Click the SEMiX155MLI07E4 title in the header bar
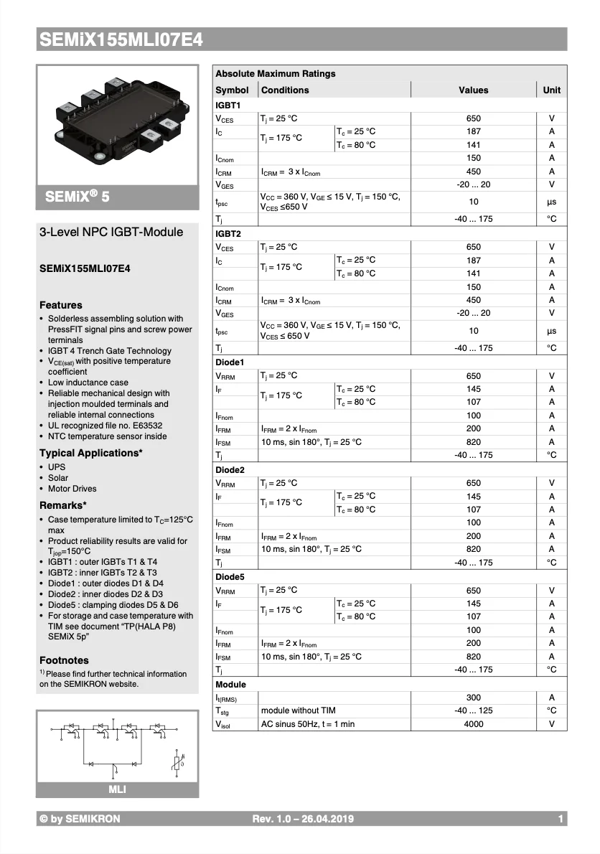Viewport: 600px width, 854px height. point(121,41)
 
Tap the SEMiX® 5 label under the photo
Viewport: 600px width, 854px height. point(78,197)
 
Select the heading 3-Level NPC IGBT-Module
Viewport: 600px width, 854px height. point(111,232)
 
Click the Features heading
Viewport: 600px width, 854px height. point(60,305)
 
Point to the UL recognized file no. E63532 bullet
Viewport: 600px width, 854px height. point(105,426)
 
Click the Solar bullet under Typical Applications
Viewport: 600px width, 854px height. point(58,478)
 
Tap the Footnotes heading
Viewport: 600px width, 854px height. point(64,660)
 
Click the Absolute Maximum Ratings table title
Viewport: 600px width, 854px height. point(275,74)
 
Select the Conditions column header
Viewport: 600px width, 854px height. point(285,90)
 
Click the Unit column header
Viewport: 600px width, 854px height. point(551,90)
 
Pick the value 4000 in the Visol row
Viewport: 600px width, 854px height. point(473,724)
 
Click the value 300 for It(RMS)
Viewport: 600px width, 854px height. point(473,698)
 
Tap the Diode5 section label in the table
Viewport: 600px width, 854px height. point(230,577)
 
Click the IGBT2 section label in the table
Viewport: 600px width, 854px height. point(228,234)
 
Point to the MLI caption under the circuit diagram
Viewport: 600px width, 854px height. point(117,790)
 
